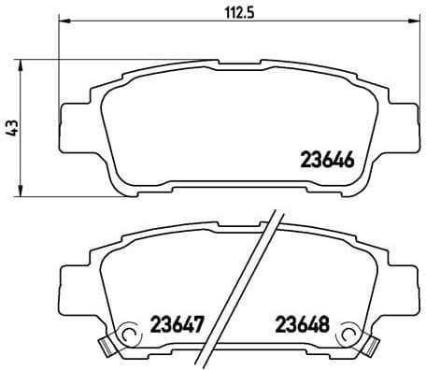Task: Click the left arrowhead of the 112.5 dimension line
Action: pos(64,22)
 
